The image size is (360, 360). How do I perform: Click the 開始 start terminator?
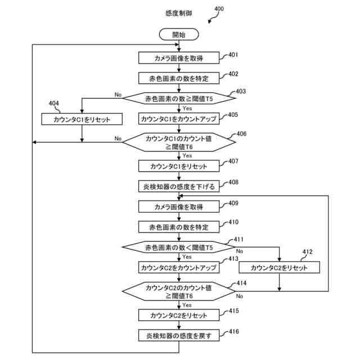179,34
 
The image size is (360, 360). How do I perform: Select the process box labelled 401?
179,58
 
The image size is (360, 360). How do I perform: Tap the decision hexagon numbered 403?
179,98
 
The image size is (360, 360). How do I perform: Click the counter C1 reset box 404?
82,119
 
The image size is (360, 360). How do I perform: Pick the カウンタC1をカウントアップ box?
179,119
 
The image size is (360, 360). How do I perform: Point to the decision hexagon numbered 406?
179,142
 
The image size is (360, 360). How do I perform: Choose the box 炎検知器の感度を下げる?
179,186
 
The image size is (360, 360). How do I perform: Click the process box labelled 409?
179,206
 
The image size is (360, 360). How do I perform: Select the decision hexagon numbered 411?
179,247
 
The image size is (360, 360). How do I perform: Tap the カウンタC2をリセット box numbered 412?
279,268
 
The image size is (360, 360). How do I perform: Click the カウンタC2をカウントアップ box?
179,268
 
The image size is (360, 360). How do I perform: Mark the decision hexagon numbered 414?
179,291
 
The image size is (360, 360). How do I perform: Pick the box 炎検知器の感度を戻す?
179,335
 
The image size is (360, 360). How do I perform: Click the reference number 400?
219,9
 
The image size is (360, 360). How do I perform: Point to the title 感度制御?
179,13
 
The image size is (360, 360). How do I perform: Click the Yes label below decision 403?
187,108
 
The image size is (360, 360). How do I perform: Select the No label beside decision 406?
118,138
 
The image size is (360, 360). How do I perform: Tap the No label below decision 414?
240,296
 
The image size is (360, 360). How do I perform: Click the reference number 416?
234,331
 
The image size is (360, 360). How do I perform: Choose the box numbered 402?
179,78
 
